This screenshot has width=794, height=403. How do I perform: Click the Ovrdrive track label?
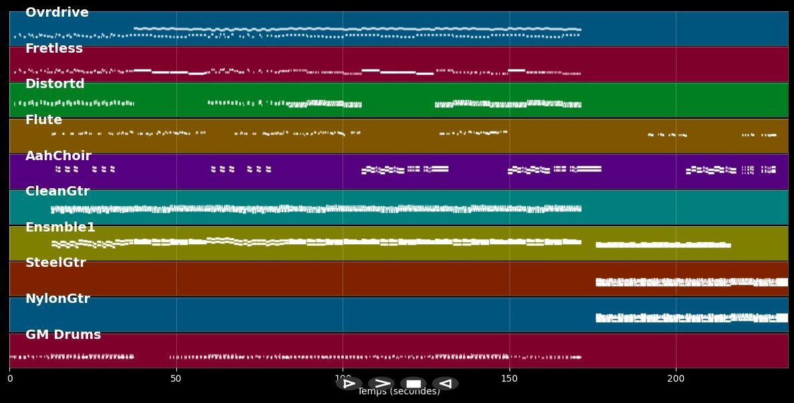coord(57,13)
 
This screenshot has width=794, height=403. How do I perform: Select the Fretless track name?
coord(54,49)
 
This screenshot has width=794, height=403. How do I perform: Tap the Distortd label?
coord(55,84)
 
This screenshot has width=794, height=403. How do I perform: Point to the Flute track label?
coord(43,120)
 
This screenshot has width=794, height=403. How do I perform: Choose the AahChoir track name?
coord(58,156)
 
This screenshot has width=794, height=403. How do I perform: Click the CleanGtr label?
coord(57,191)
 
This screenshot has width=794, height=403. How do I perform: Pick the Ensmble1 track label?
coord(60,228)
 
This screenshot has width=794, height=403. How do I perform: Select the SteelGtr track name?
coord(55,263)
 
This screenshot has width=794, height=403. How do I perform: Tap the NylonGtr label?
coord(57,299)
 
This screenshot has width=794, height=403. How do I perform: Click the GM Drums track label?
coord(63,335)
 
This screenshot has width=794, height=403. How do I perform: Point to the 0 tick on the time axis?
coord(9,379)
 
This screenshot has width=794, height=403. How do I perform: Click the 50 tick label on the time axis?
coord(176,379)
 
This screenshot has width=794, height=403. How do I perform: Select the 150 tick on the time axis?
coord(509,379)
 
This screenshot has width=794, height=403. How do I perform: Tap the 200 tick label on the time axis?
coord(676,379)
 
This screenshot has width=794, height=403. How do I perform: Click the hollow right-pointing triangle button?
coord(349,384)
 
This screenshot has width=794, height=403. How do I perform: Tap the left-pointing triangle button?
coord(445,384)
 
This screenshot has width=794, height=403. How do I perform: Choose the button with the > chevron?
coord(381,384)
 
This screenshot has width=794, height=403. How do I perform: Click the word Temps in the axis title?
coord(371,392)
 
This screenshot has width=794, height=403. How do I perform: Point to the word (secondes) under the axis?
coord(414,392)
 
